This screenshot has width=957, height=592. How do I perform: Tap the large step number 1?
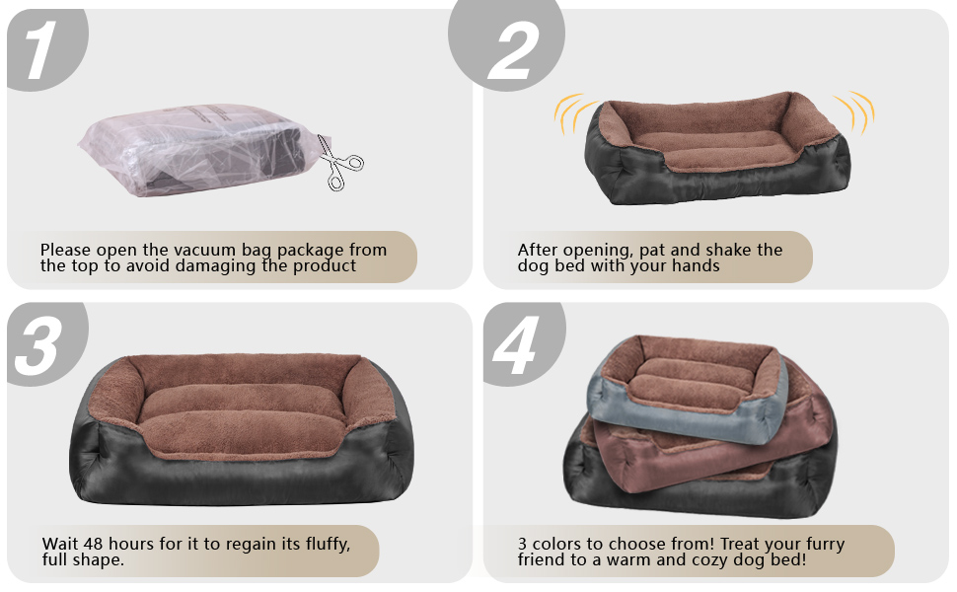[x=40, y=50]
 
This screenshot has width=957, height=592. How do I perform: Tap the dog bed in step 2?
[x=717, y=148]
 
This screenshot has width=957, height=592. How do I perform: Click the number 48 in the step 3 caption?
[x=94, y=544]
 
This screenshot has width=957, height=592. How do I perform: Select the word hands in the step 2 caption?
[x=696, y=265]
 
